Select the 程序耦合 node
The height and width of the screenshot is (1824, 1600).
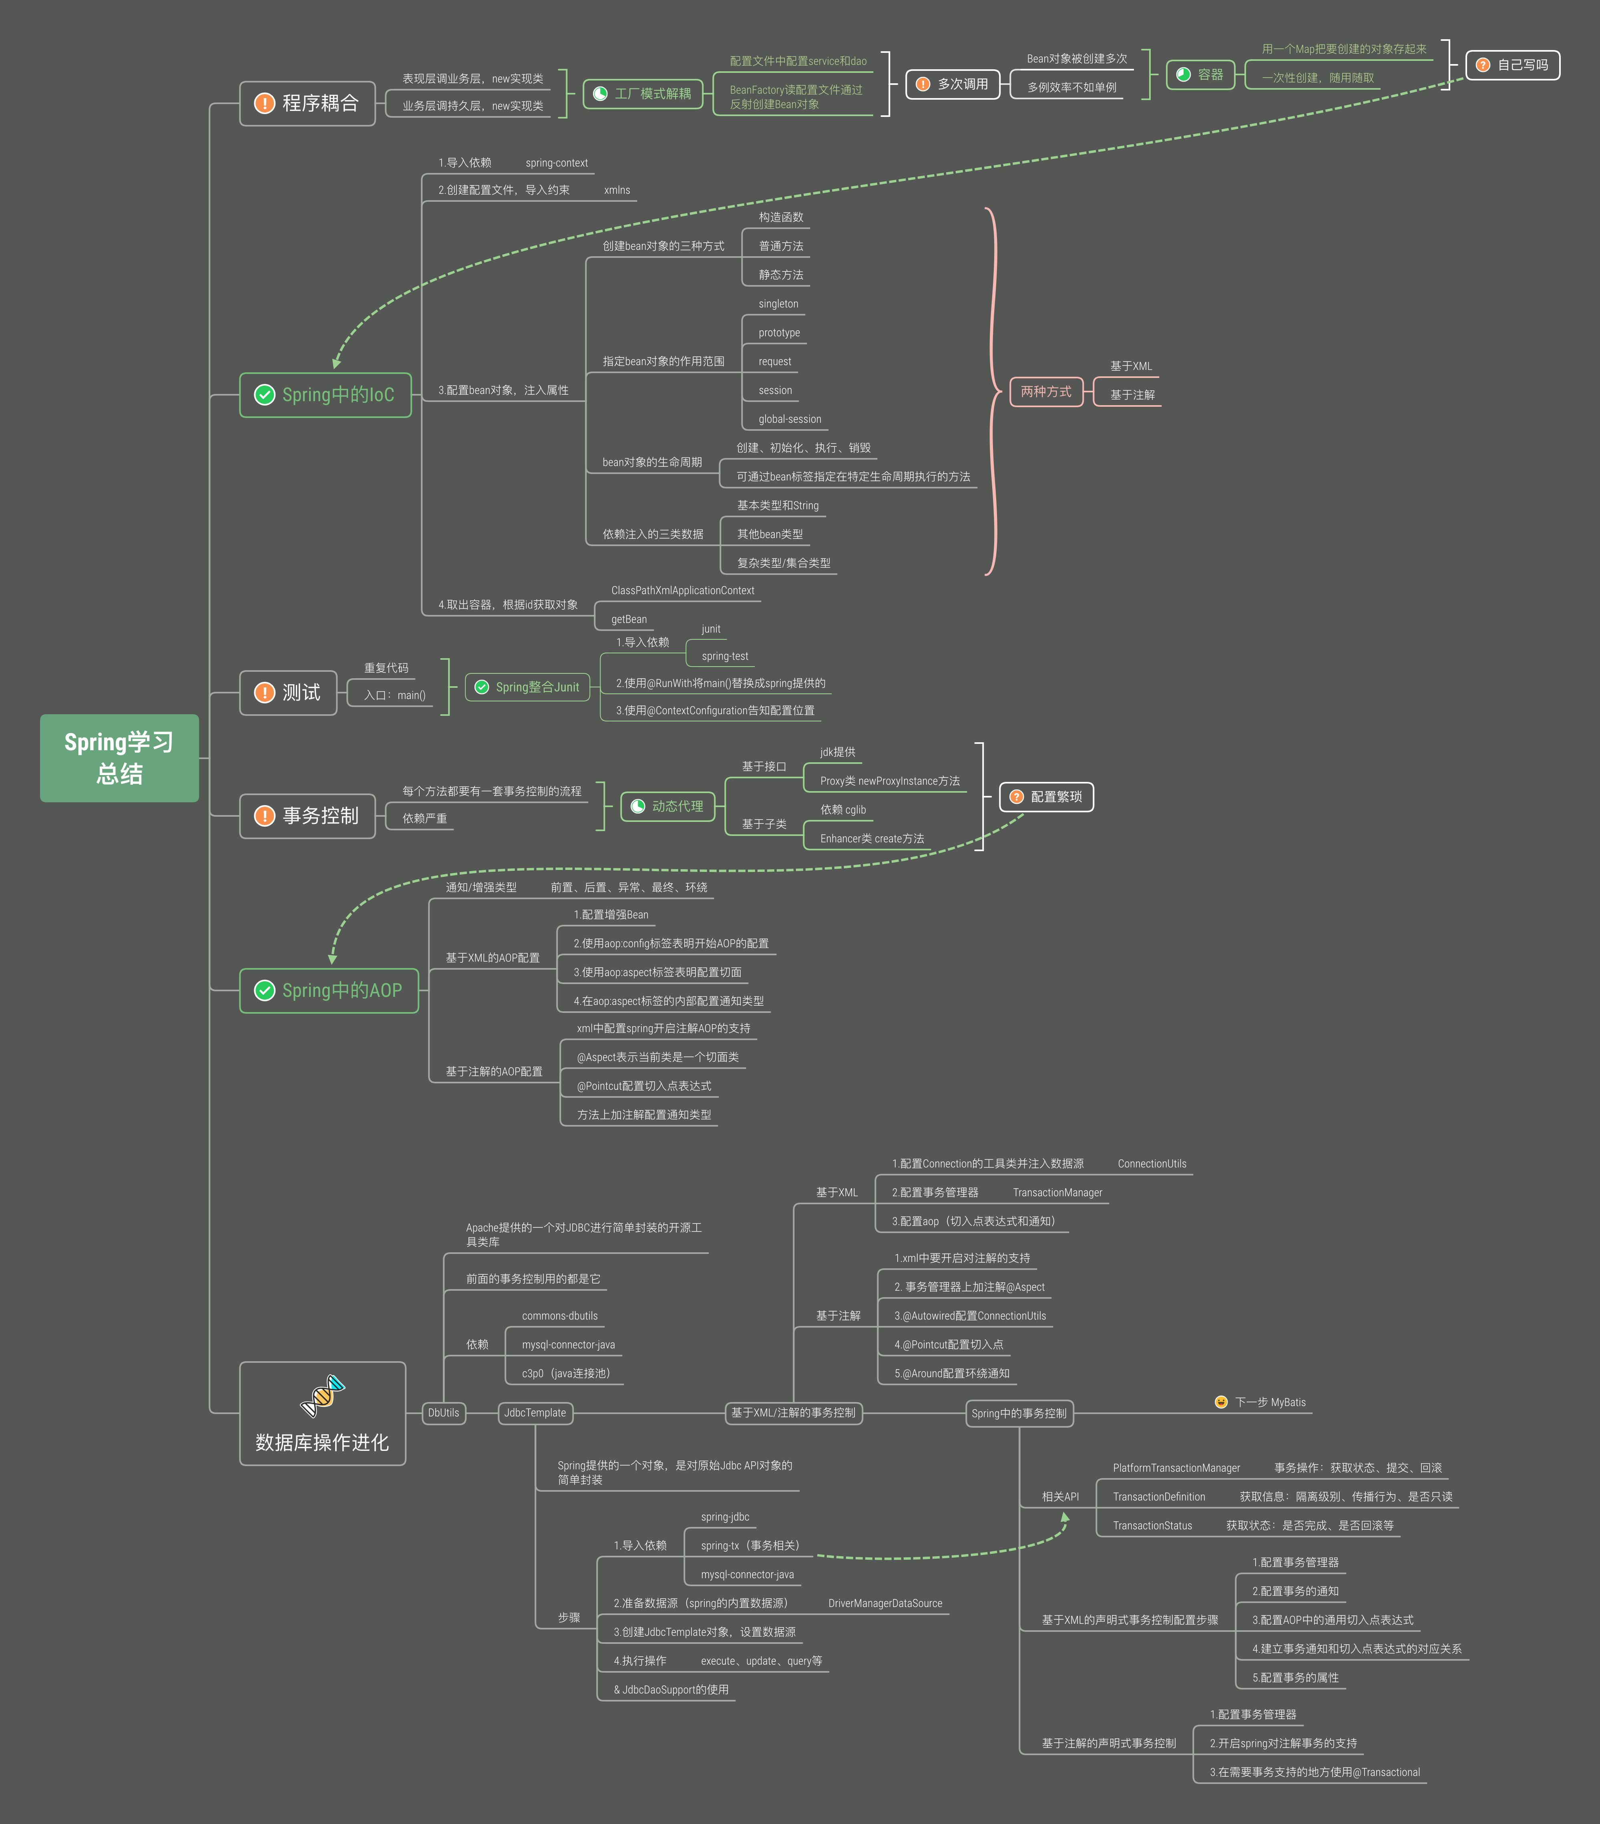pyautogui.click(x=307, y=104)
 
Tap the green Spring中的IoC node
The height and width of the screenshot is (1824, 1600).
pyautogui.click(x=326, y=394)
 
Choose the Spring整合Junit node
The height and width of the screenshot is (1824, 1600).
pyautogui.click(x=527, y=687)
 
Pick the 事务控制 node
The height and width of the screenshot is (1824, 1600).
pyautogui.click(x=307, y=816)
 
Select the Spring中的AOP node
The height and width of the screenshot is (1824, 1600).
pyautogui.click(x=329, y=990)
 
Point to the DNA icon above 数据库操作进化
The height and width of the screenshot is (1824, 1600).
pyautogui.click(x=322, y=1396)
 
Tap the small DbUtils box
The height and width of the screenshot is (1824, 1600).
pyautogui.click(x=444, y=1412)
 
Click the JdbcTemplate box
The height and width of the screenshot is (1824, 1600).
pyautogui.click(x=535, y=1412)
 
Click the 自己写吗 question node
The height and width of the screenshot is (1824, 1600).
pyautogui.click(x=1513, y=65)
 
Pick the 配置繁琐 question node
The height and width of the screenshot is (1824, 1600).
pyautogui.click(x=1046, y=797)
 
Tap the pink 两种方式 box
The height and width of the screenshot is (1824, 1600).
pyautogui.click(x=1046, y=392)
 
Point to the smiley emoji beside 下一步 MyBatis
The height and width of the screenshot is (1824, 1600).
pyautogui.click(x=1221, y=1402)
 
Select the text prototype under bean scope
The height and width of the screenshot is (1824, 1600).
pyautogui.click(x=779, y=333)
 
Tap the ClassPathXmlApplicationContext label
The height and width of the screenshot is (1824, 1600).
pyautogui.click(x=683, y=591)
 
